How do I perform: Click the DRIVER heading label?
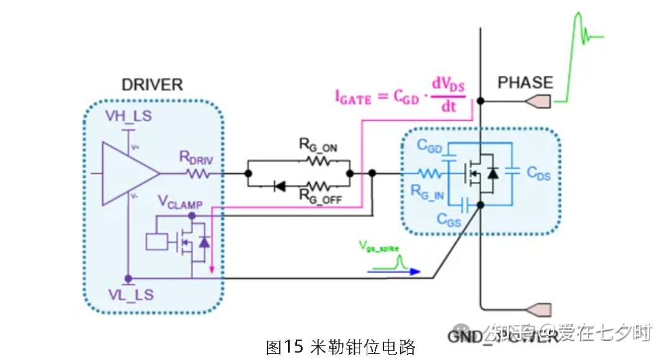tap(152, 85)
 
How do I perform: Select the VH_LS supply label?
tap(128, 116)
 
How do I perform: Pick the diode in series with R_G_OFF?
tap(279, 186)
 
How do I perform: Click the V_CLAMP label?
tap(185, 202)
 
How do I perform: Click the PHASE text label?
tap(525, 83)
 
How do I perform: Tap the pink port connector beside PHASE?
tap(538, 101)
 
